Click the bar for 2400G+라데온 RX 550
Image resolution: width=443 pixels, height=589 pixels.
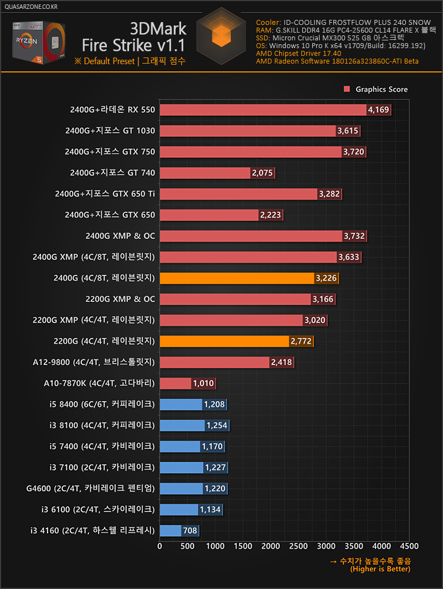(263, 110)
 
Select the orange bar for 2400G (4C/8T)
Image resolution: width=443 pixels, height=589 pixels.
(237, 278)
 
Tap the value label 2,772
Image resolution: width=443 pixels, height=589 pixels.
(301, 341)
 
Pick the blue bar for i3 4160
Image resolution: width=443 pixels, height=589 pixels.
(171, 531)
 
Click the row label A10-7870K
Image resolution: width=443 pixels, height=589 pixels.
(99, 383)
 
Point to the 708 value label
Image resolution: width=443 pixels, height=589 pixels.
(190, 531)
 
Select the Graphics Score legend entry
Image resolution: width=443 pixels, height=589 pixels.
(376, 89)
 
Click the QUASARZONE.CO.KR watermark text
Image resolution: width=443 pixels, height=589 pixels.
(30, 7)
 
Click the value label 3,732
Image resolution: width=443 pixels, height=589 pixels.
(354, 236)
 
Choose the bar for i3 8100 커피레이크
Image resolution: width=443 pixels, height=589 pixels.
(182, 425)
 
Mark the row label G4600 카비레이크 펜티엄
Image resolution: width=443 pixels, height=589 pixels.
(90, 488)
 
